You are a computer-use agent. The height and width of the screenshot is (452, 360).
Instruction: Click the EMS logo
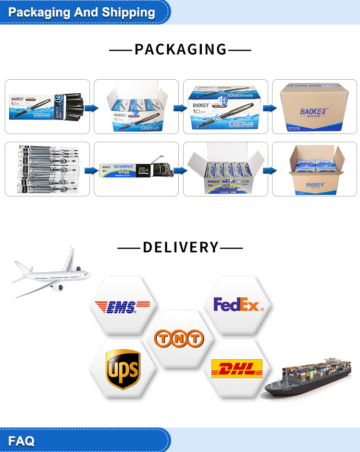point(122,306)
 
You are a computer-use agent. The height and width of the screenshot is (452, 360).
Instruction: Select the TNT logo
point(179,339)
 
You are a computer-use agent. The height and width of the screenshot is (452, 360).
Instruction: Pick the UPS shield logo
point(123,369)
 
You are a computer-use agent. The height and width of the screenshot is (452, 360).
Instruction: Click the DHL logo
point(237,368)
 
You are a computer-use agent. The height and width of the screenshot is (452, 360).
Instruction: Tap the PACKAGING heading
point(180,49)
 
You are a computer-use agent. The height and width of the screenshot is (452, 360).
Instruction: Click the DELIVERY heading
point(180,247)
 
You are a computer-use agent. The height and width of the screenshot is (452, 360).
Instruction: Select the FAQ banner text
point(21,440)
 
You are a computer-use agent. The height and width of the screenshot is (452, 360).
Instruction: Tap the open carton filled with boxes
point(315,170)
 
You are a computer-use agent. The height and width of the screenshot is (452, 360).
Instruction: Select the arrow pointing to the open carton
point(270,170)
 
